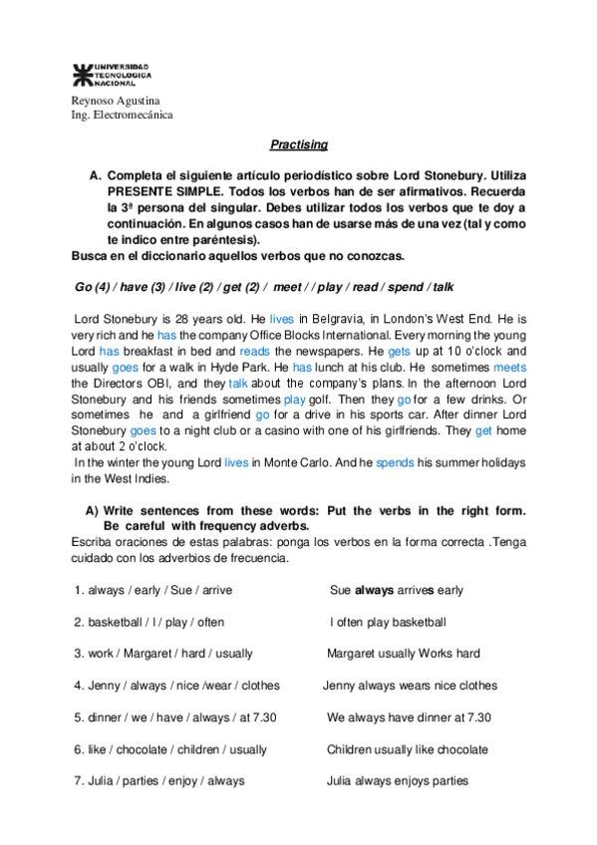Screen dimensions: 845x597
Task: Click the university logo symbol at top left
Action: point(82,74)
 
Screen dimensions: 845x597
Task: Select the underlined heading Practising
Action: point(299,144)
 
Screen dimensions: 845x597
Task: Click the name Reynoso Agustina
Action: point(116,101)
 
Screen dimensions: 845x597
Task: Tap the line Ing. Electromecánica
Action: point(123,115)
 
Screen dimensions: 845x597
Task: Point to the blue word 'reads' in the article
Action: point(255,352)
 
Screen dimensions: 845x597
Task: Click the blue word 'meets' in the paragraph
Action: point(509,367)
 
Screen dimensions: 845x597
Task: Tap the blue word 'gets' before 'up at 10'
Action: point(399,352)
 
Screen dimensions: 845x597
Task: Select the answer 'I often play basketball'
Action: point(388,622)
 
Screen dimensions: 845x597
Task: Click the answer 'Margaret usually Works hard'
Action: point(404,654)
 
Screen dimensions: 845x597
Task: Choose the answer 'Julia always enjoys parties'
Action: point(398,781)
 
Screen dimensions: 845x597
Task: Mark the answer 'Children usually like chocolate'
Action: point(408,749)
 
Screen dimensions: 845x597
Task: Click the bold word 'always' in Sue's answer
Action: point(375,590)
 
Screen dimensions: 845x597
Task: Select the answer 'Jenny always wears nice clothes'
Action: point(410,686)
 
